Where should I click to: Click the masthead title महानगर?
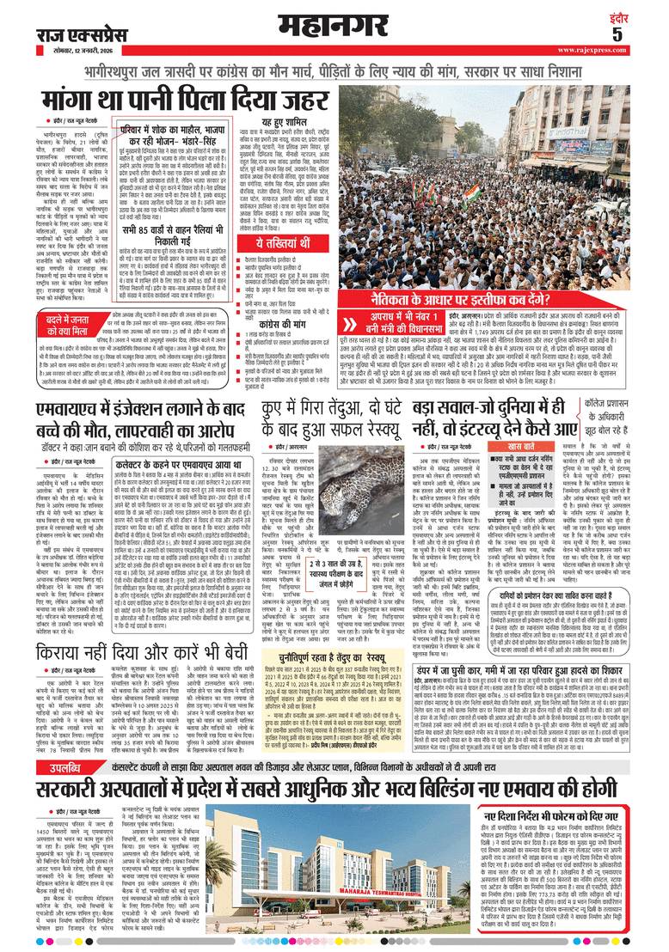click(335, 20)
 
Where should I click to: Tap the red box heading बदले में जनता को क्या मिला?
click(55, 303)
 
